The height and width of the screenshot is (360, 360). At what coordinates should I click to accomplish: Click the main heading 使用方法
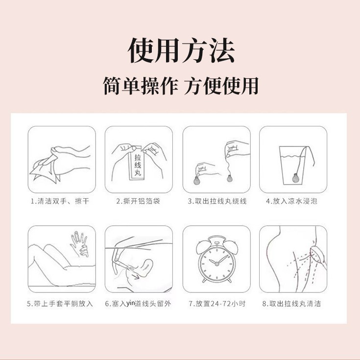tap(181, 50)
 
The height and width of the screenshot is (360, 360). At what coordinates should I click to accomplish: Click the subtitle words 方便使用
tap(221, 86)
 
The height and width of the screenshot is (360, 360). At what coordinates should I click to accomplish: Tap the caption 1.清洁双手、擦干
tap(61, 201)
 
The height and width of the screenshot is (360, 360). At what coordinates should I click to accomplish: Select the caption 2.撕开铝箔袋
tap(139, 201)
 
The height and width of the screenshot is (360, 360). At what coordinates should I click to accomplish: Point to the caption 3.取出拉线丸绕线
tap(216, 201)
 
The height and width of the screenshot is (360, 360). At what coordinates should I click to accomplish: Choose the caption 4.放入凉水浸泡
tap(293, 201)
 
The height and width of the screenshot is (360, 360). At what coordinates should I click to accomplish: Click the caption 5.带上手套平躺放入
tap(61, 304)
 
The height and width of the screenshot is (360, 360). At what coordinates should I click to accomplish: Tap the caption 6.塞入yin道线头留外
tap(139, 304)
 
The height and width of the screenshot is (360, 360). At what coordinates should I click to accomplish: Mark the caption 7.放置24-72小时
tap(216, 304)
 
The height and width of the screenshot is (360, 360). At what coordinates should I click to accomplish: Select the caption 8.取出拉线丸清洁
tap(293, 304)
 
